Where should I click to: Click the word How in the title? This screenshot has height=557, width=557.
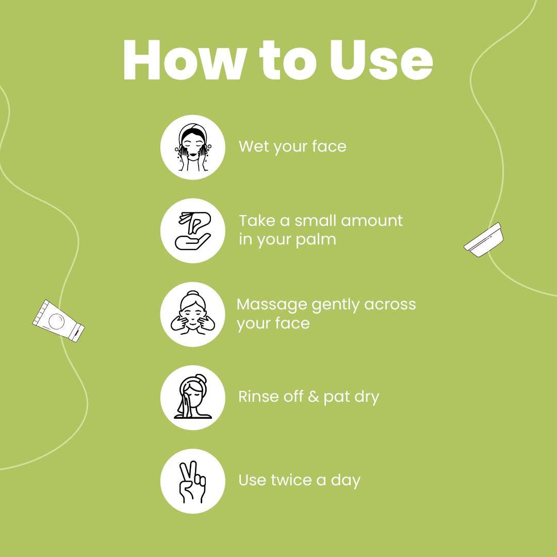[x=184, y=60]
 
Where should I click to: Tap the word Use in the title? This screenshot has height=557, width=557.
[x=381, y=60]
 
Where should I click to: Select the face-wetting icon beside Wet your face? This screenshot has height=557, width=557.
[x=192, y=147]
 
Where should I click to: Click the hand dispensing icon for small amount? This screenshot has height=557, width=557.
[x=193, y=231]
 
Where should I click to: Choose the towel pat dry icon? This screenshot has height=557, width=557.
[x=192, y=397]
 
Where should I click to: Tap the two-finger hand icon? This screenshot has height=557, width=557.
[x=192, y=482]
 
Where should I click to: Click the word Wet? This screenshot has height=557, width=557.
[x=254, y=146]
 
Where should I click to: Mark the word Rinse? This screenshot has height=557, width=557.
[x=258, y=397]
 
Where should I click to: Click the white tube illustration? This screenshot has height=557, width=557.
[x=59, y=321]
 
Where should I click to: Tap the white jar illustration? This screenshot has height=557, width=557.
[x=483, y=240]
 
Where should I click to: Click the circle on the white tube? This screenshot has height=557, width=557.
[x=56, y=321]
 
